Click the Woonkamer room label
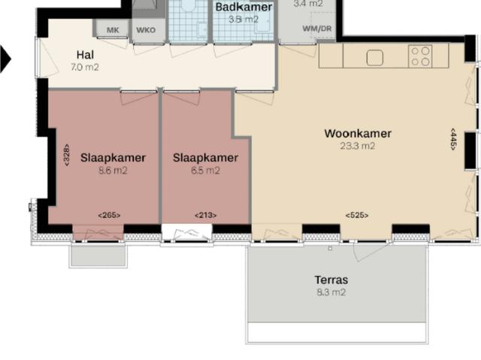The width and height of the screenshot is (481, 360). (358, 134)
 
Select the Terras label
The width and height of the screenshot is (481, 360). (331, 280)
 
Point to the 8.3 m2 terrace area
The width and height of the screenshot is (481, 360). (331, 292)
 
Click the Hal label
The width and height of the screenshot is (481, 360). (86, 55)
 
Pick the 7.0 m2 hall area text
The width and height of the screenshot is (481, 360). (85, 67)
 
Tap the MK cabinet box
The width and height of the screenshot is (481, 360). (113, 30)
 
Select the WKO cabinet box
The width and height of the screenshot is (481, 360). (145, 30)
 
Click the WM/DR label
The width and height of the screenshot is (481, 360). (316, 28)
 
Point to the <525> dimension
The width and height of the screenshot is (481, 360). (356, 216)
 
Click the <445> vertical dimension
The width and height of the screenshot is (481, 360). (453, 139)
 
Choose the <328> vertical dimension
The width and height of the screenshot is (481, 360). (67, 154)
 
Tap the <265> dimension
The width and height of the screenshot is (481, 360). (109, 216)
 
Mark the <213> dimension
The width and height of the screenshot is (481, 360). (205, 216)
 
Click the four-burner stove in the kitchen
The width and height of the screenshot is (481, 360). (420, 56)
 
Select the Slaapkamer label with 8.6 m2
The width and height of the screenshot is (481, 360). (113, 158)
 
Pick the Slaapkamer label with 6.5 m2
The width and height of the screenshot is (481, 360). (205, 158)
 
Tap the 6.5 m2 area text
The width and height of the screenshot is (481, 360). (205, 171)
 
